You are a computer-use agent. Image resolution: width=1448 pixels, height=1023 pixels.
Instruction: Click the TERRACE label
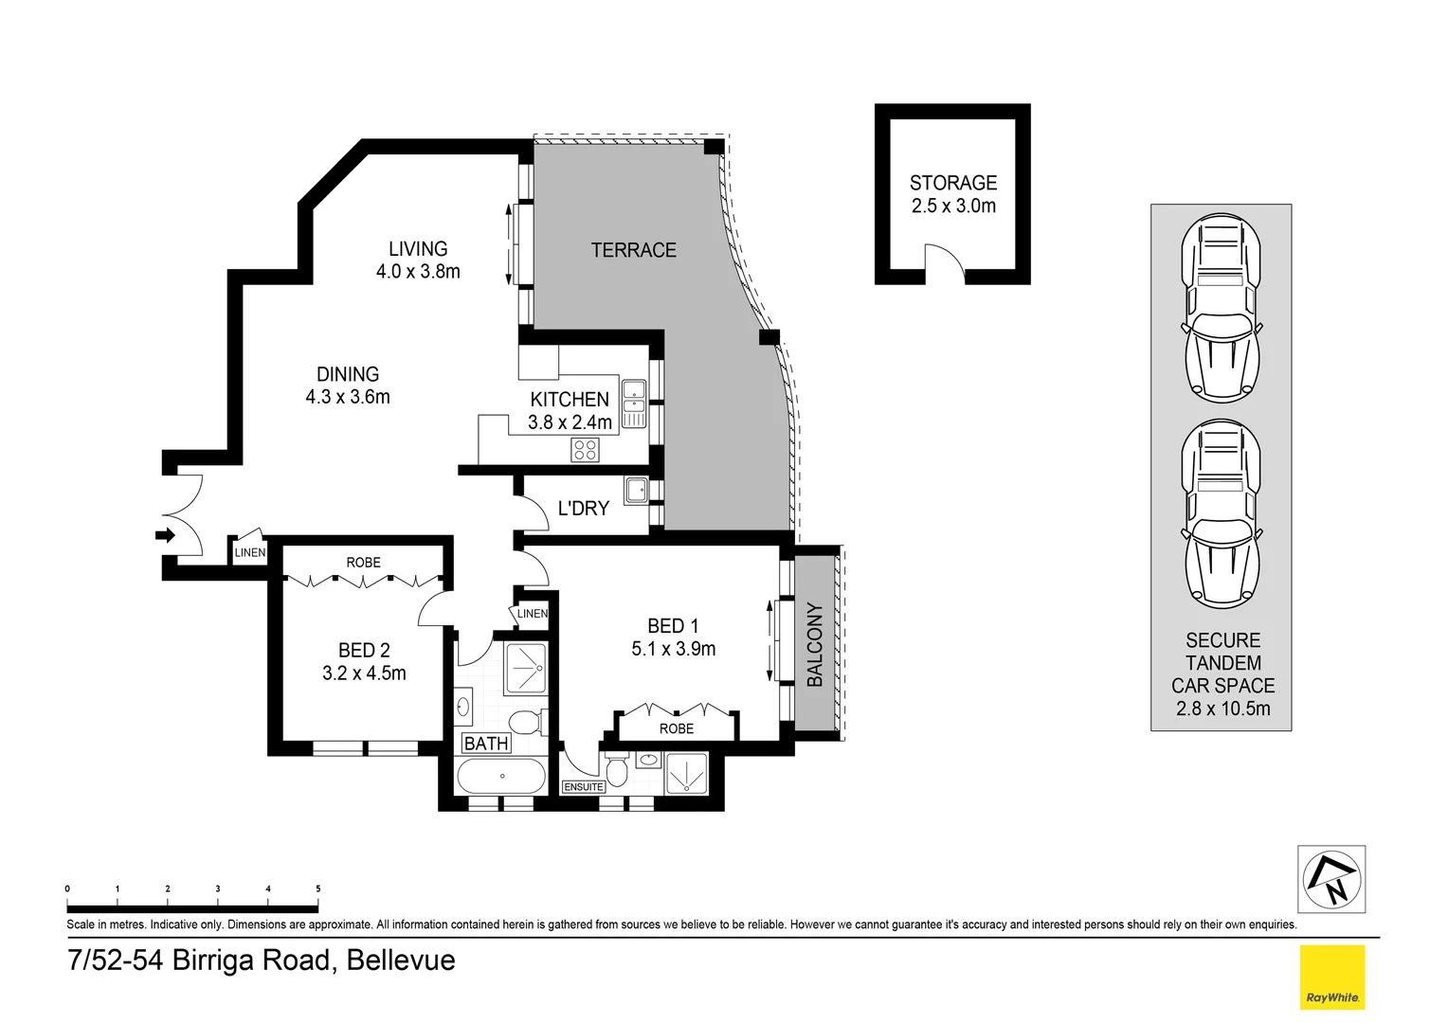633,250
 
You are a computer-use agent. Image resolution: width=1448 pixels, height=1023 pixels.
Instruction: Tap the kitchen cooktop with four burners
585,450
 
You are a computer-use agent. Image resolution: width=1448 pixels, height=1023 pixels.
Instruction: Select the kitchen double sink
633,403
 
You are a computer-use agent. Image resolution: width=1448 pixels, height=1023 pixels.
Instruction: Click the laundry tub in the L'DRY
636,491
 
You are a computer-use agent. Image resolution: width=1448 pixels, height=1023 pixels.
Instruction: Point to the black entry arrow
166,536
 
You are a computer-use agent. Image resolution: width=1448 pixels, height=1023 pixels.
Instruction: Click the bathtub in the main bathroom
501,777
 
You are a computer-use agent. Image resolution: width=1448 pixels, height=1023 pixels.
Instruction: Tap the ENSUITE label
583,787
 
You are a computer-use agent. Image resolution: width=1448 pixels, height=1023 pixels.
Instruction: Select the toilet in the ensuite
617,769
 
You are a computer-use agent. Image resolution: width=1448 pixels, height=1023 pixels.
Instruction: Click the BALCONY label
814,644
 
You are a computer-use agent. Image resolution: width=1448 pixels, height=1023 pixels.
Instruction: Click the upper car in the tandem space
1222,308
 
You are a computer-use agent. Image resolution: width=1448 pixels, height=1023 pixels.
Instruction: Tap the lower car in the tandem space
1222,514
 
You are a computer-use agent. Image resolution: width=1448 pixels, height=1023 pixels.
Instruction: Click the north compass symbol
1331,879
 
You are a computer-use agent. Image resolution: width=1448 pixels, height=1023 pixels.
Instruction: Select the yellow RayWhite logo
1331,977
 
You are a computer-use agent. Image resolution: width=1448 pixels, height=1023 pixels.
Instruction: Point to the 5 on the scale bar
317,888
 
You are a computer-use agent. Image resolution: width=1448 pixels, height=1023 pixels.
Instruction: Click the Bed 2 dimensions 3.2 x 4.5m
364,673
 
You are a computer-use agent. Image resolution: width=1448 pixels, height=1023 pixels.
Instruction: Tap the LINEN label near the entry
250,552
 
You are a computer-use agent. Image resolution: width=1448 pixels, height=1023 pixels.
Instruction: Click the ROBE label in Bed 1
677,728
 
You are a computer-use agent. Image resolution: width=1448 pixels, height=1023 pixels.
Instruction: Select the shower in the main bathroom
525,669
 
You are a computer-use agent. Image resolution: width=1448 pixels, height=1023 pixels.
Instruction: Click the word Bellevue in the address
401,960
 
